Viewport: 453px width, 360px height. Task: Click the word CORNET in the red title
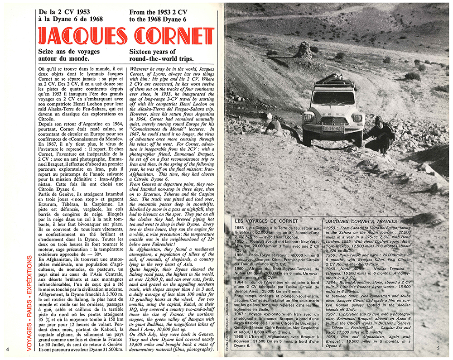click(x=170, y=37)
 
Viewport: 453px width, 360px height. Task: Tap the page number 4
click(x=8, y=349)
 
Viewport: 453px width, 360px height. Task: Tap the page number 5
click(x=439, y=348)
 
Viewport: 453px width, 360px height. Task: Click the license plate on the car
click(x=333, y=129)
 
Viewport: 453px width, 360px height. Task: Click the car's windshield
click(x=333, y=98)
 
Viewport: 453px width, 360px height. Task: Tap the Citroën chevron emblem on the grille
click(x=333, y=121)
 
